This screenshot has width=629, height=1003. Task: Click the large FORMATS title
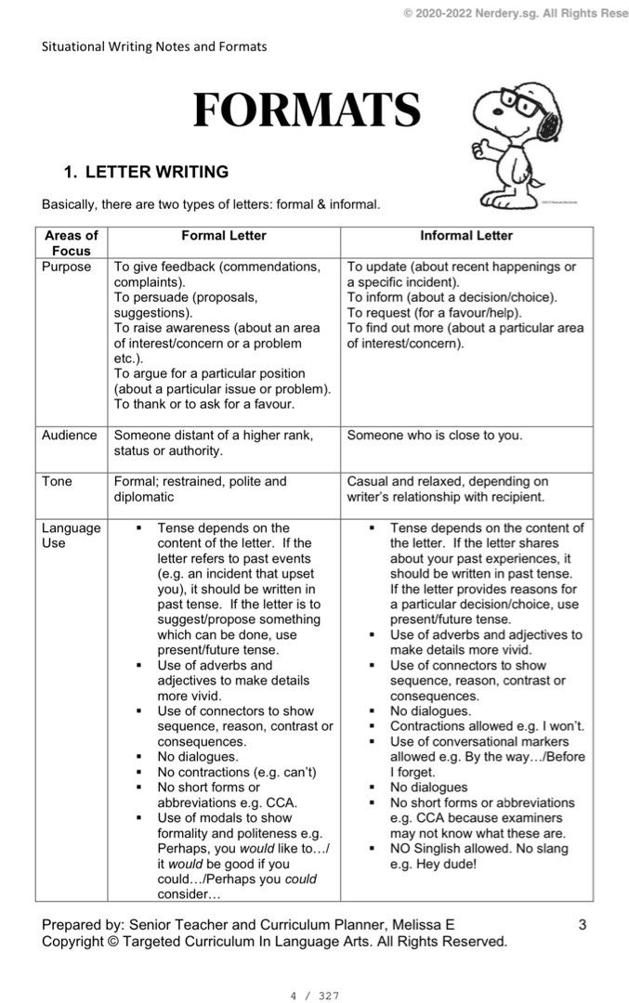click(306, 111)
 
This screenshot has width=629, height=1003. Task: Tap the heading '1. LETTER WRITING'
click(145, 172)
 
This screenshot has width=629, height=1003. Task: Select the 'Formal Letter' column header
click(223, 236)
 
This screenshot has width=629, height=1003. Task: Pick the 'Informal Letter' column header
click(465, 236)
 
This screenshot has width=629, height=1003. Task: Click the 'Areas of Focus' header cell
click(72, 243)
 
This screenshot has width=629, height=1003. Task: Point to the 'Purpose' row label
click(66, 267)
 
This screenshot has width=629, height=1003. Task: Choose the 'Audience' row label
click(69, 436)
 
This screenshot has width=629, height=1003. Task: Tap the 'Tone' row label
click(57, 482)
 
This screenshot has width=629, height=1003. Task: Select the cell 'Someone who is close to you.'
click(435, 436)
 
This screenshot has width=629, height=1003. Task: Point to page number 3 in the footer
click(582, 925)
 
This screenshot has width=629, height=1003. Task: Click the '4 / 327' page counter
click(314, 996)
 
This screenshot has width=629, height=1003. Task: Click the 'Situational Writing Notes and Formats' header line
click(154, 46)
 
